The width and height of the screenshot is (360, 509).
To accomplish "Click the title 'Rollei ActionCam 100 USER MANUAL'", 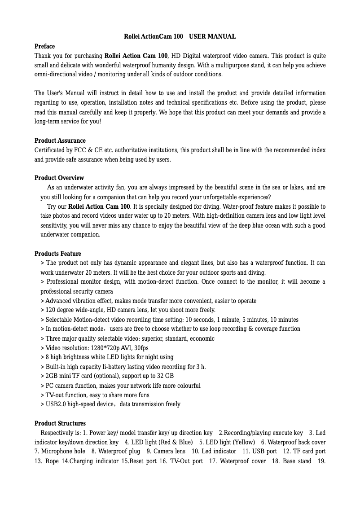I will pyautogui.click(x=180, y=36).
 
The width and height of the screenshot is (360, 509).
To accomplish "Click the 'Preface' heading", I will pyautogui.click(x=44, y=46).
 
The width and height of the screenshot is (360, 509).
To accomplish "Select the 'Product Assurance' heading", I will pyautogui.click(x=60, y=140).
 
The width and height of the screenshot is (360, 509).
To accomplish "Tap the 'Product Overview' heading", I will pyautogui.click(x=59, y=178).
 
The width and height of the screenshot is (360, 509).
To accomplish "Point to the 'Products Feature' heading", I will pyautogui.click(x=57, y=254).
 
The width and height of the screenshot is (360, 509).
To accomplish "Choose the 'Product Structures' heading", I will pyautogui.click(x=60, y=423).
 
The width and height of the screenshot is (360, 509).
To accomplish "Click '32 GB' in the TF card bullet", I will pyautogui.click(x=165, y=376).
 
